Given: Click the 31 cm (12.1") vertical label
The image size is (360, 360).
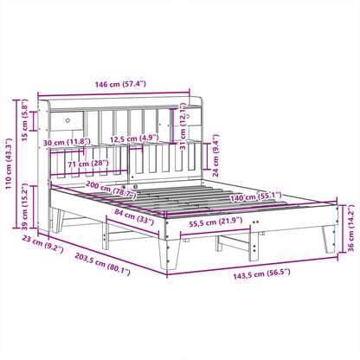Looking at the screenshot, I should tap(183, 126).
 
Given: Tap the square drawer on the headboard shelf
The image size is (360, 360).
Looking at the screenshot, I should tap(67, 119).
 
